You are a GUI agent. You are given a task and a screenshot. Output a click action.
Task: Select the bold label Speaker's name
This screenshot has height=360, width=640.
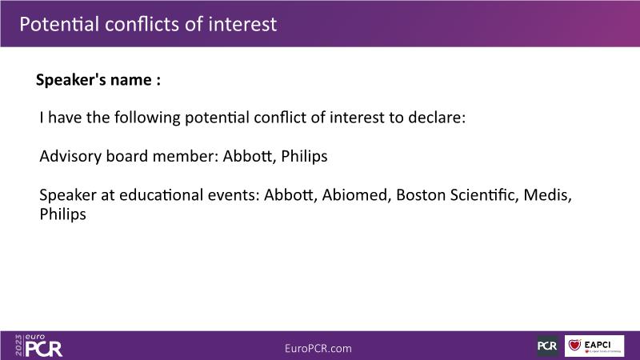[94, 79]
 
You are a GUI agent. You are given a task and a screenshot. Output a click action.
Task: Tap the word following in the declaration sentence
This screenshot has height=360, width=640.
[147, 118]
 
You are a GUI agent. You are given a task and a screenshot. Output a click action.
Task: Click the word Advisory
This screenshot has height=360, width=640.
[70, 157]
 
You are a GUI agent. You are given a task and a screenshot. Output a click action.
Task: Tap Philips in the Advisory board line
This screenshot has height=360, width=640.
[305, 156]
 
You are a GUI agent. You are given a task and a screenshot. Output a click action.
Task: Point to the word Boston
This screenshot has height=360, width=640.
[421, 195]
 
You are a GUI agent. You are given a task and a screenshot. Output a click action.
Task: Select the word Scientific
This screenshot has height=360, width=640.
[485, 195]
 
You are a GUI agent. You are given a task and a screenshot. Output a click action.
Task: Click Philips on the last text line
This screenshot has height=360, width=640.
[63, 214]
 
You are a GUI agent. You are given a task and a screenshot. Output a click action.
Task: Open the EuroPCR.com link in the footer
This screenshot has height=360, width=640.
[318, 349]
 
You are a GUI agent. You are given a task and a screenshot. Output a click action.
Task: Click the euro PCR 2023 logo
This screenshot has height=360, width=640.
[38, 346]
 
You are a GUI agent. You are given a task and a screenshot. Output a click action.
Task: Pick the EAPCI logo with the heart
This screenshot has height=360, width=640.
[594, 346]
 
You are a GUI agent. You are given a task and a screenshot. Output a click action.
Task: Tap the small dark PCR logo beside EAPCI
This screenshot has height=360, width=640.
[547, 346]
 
